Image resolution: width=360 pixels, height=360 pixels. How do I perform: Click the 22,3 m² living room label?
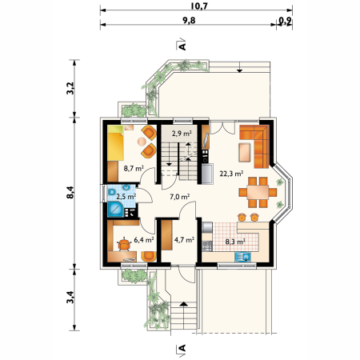coord(231,174)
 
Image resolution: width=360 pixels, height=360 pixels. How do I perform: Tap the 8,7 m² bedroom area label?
coord(134,168)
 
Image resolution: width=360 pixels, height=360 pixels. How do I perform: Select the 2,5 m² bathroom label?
coord(126,197)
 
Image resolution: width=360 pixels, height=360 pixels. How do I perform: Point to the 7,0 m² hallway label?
coord(180,197)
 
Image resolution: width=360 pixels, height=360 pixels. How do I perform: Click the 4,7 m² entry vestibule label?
coord(184,240)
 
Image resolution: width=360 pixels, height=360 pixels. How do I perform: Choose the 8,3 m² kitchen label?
coord(235,242)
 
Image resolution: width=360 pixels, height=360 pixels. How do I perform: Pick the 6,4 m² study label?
coord(144,240)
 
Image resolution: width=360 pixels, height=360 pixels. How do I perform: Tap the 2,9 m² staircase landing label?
coord(182,133)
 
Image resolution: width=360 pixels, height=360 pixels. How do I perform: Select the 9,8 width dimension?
coord(189,21)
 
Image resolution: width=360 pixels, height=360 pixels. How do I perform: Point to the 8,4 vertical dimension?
coord(70,192)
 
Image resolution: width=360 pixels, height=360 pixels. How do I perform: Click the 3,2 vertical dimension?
coord(70,88)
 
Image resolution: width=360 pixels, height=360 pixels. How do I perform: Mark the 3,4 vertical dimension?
coord(70,297)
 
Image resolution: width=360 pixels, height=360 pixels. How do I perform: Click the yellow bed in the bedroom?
coord(115,143)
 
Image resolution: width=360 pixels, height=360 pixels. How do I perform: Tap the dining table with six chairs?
coord(258,192)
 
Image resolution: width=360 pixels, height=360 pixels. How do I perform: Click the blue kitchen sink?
coord(243,257)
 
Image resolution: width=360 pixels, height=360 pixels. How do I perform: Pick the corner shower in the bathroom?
coord(115,210)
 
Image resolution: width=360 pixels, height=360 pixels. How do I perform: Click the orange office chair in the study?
coord(124,244)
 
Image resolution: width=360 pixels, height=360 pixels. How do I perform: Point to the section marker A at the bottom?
coord(182,349)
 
